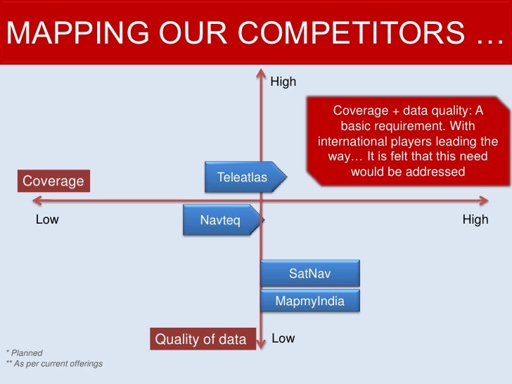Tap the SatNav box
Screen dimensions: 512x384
(x=309, y=274)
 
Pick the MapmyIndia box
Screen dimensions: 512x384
(x=309, y=301)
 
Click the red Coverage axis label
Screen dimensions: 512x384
(x=53, y=181)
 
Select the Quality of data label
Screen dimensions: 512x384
(x=200, y=340)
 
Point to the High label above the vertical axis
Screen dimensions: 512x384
(x=283, y=82)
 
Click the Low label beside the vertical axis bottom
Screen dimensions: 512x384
(x=283, y=338)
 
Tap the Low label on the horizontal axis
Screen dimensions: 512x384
(x=47, y=219)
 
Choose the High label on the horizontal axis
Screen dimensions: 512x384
(x=475, y=219)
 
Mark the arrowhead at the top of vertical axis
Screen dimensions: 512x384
(x=261, y=71)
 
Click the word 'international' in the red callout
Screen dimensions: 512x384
(x=350, y=141)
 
